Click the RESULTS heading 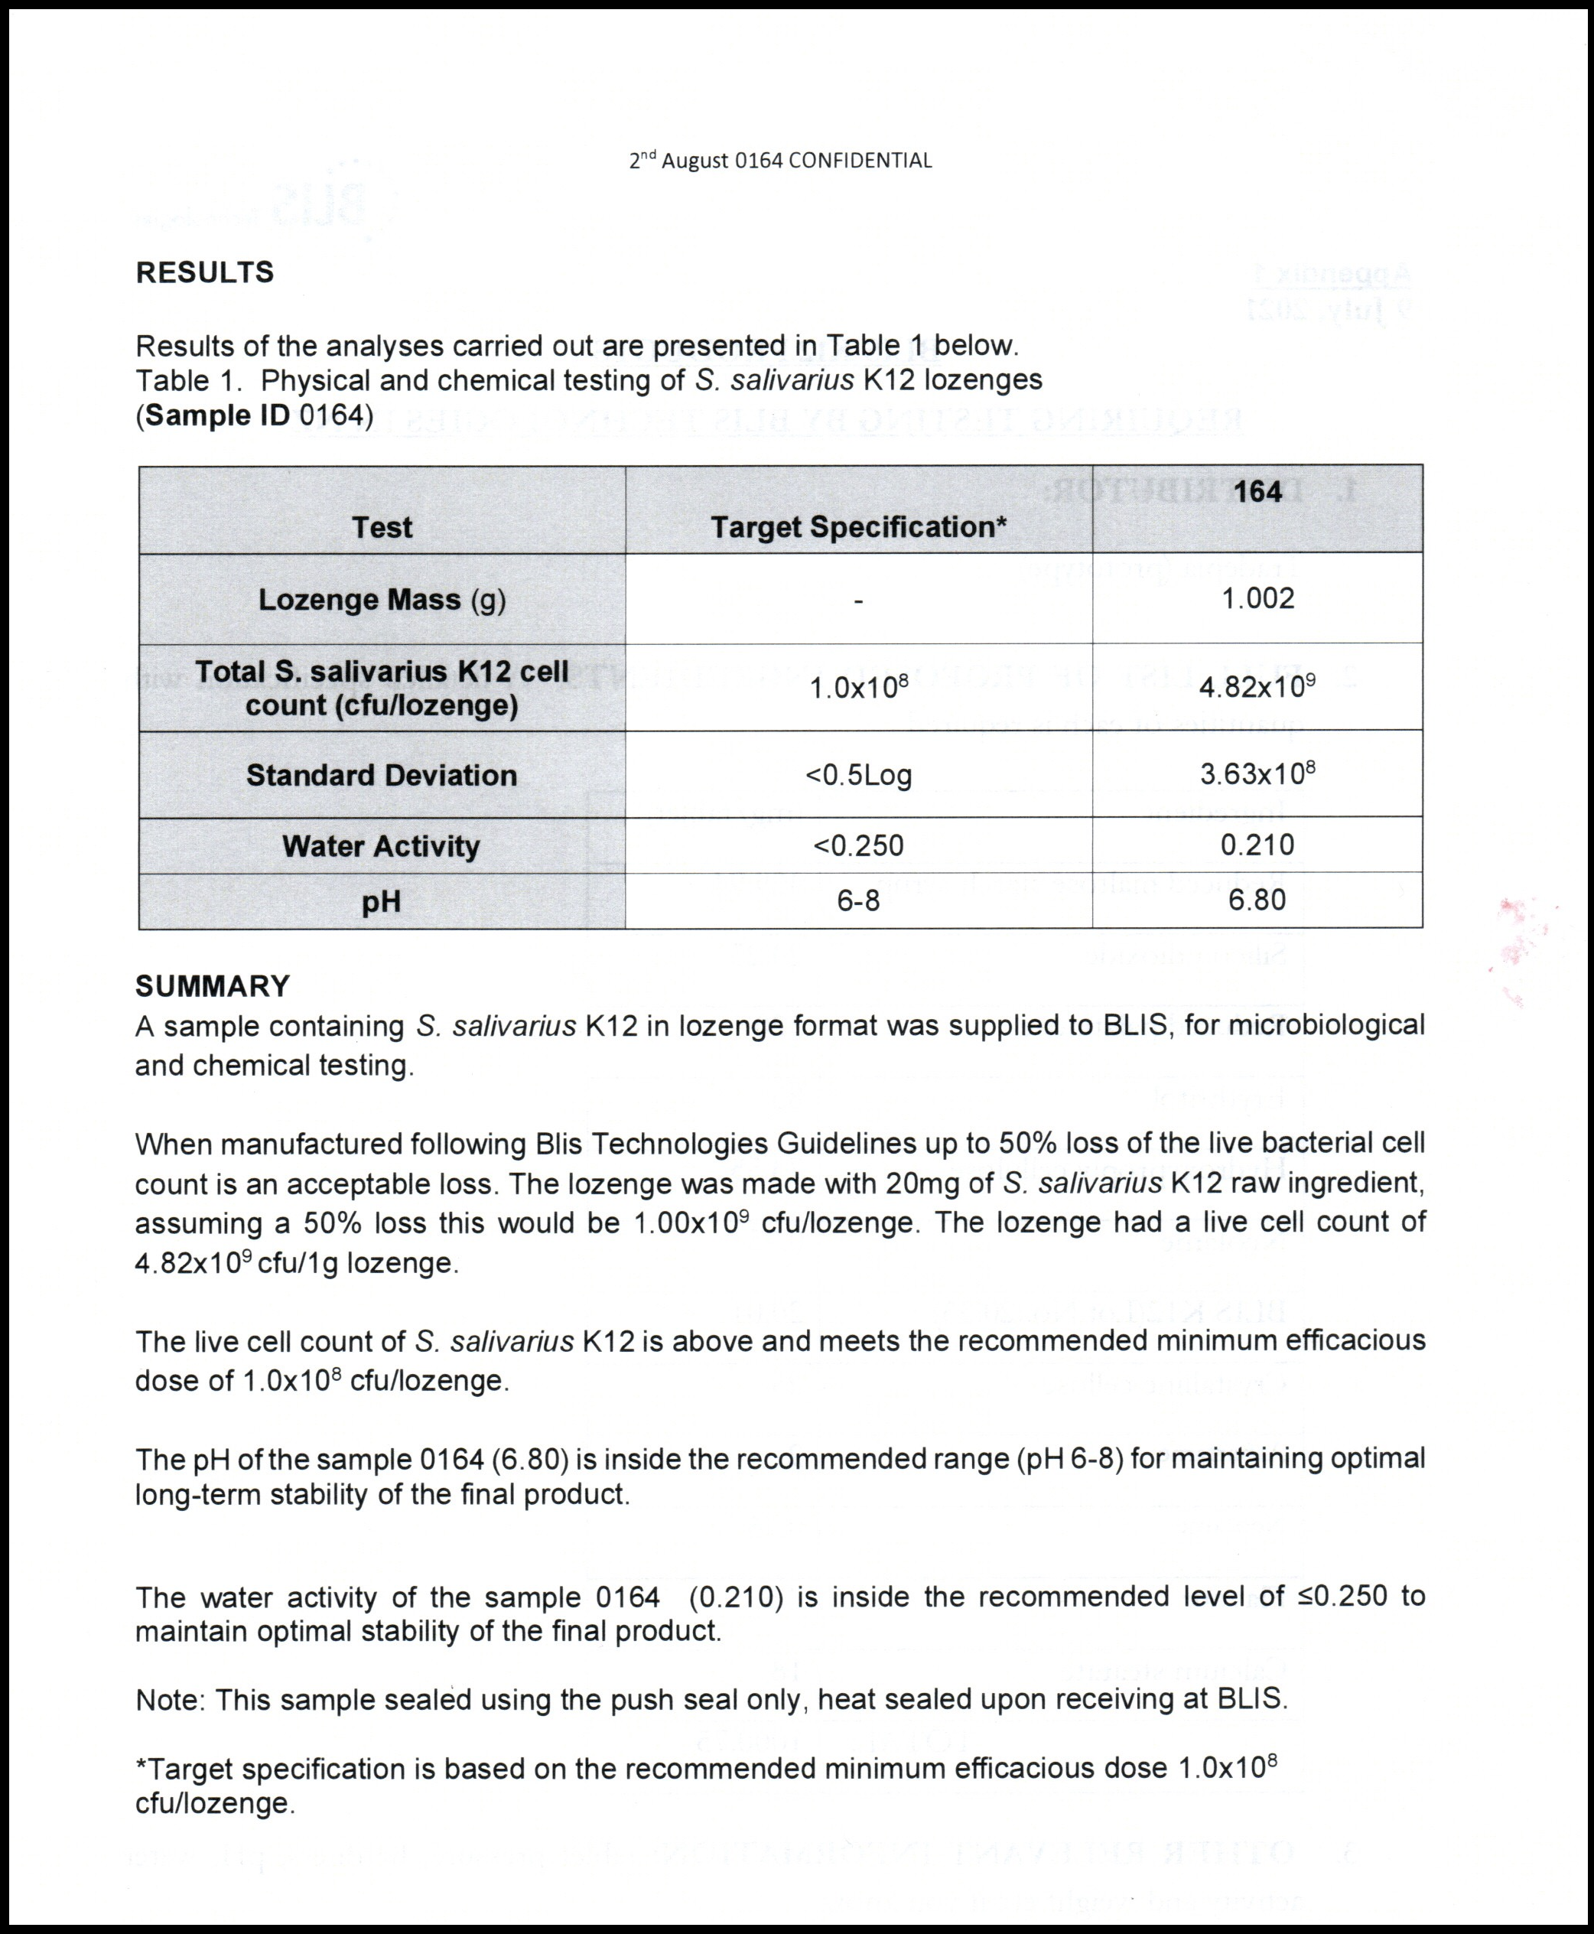(x=205, y=273)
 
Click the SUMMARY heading (x=212, y=986)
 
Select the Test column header (x=382, y=527)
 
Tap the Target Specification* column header (x=858, y=527)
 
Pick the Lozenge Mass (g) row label (x=382, y=600)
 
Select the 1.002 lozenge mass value (x=1257, y=599)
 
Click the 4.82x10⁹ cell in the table (x=1257, y=687)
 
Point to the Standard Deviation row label (x=382, y=775)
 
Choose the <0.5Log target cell (x=858, y=776)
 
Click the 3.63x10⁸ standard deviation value (x=1257, y=774)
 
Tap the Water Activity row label (x=382, y=846)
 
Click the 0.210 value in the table (x=1257, y=845)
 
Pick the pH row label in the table (x=382, y=902)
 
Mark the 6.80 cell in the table (x=1257, y=900)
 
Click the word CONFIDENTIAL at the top (x=860, y=161)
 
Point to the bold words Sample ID (x=219, y=416)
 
